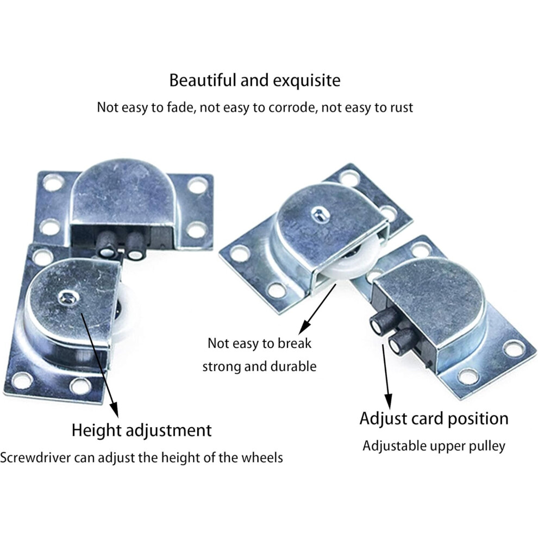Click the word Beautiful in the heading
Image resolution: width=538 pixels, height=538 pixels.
point(203,80)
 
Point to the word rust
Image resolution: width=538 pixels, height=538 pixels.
point(402,108)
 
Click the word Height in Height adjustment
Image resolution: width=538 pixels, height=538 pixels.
point(96,430)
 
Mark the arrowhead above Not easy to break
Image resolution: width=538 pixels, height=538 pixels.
point(304,327)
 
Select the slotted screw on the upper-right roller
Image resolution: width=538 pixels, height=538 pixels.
point(319,215)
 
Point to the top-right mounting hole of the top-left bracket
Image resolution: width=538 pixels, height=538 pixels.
point(197,185)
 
